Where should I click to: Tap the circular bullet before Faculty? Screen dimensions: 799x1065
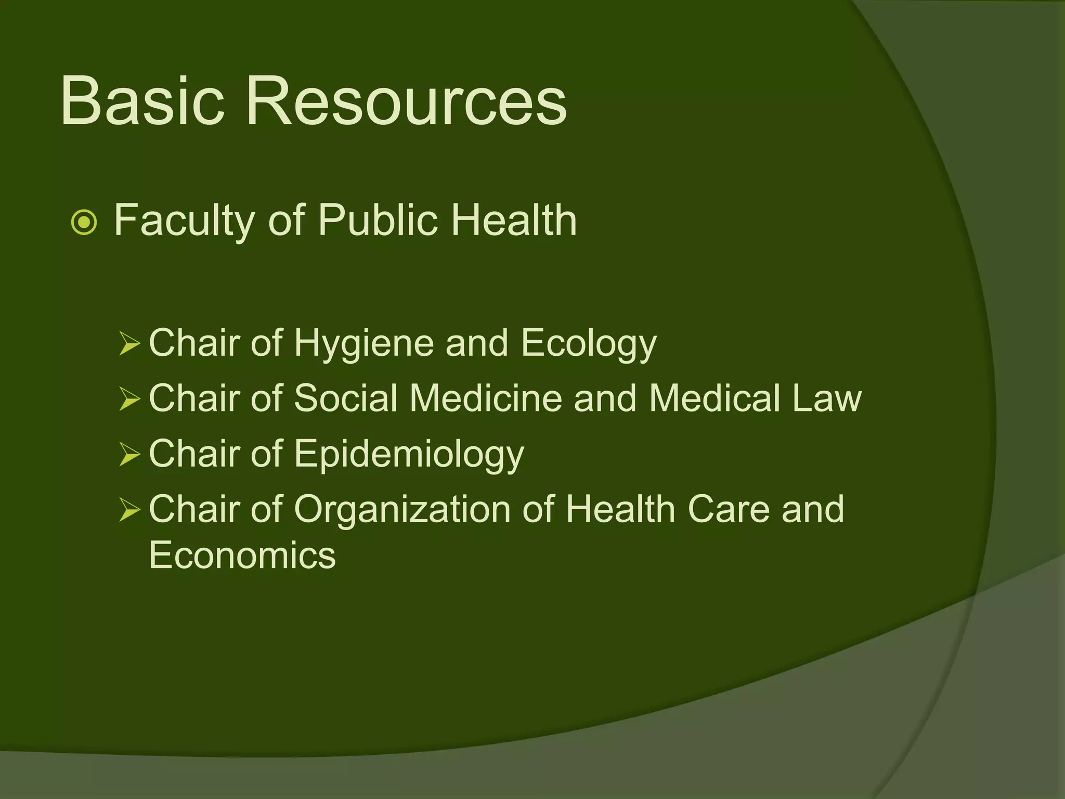pos(84,223)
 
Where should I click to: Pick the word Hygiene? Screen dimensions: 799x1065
pos(363,344)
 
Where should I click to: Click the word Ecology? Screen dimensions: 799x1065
pos(589,344)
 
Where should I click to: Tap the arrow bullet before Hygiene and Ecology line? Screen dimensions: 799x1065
pos(129,344)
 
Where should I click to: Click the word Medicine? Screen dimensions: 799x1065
pos(486,398)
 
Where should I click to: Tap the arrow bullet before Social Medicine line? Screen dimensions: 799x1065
pos(129,399)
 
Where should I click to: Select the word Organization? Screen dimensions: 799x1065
pos(402,509)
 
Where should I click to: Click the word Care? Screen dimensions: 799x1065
pos(728,509)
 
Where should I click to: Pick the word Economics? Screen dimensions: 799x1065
pos(242,555)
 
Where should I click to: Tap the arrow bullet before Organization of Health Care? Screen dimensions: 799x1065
pos(129,510)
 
